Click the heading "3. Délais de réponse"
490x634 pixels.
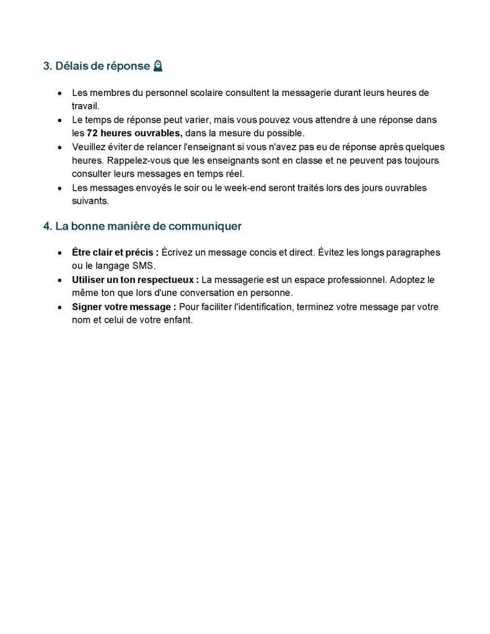(x=97, y=66)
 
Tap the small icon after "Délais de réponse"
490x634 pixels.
(x=158, y=66)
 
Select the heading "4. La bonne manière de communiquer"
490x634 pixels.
(x=142, y=227)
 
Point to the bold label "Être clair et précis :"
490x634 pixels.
(x=115, y=253)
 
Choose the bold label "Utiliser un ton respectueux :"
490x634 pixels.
(x=135, y=280)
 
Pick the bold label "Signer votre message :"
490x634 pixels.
(x=124, y=307)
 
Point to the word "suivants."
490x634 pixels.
(x=90, y=201)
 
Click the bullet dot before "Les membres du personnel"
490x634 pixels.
(x=59, y=93)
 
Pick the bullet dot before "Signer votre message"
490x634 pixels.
(x=59, y=308)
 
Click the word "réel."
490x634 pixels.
(x=234, y=174)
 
